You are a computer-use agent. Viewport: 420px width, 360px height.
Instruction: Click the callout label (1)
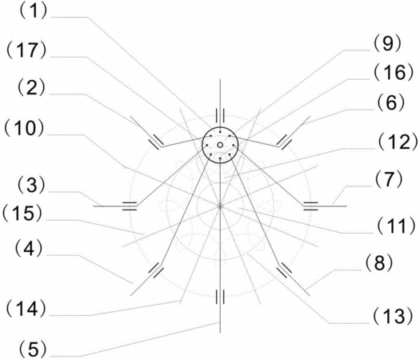[33, 11]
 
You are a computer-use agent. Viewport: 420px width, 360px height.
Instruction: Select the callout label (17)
[26, 50]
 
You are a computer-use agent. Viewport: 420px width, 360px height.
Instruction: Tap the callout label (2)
[31, 87]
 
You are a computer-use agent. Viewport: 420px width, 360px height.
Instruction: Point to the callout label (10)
[25, 128]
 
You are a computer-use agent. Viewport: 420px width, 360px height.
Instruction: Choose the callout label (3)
[31, 185]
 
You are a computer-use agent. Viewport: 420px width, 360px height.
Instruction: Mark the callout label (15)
[22, 214]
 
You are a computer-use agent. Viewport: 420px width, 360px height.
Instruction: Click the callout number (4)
[29, 249]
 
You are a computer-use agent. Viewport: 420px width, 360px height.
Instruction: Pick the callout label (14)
[26, 309]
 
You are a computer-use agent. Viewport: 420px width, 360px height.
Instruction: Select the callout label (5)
[33, 349]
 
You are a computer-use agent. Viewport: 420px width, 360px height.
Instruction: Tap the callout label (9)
[387, 44]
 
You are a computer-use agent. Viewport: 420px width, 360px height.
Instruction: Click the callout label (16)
[394, 72]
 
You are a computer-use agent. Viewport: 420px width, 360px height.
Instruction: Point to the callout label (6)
[391, 102]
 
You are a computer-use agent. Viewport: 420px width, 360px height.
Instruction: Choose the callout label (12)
[398, 142]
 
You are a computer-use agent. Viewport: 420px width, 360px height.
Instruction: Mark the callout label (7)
[389, 179]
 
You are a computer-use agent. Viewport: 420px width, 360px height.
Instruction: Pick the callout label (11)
[396, 226]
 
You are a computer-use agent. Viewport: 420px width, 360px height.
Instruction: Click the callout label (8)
[378, 262]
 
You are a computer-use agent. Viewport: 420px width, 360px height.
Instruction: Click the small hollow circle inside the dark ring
[220, 145]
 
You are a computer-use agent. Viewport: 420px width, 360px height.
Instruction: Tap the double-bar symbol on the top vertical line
[220, 116]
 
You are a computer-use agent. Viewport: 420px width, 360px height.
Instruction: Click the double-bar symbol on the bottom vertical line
[220, 297]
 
